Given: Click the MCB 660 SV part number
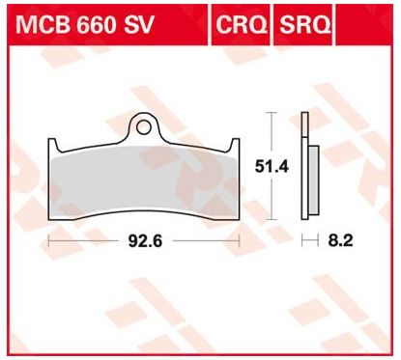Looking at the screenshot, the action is [84, 24].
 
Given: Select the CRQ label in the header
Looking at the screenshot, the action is [242, 24].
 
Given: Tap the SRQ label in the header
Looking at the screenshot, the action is [304, 24].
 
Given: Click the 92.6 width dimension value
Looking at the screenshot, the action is [145, 241].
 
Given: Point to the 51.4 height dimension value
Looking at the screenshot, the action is [272, 167].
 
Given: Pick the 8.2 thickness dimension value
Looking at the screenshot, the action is [340, 240].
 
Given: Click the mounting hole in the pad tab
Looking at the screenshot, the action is [143, 127].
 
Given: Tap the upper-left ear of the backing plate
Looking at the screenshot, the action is [53, 145].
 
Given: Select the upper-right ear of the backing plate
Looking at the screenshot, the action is [234, 145].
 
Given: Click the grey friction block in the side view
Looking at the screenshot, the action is [313, 180].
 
